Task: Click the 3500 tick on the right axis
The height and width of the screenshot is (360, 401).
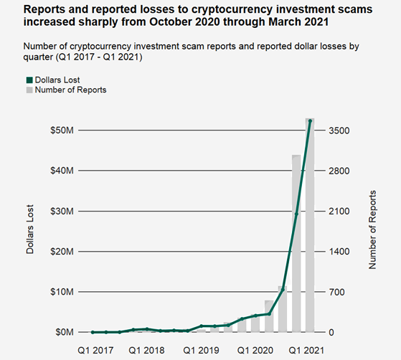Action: (x=339, y=131)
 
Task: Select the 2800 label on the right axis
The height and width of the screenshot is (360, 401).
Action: (x=339, y=171)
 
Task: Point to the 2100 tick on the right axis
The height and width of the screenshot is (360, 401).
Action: (x=339, y=212)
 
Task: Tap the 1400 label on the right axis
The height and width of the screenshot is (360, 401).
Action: (x=339, y=252)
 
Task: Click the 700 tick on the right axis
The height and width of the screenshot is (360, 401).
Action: (x=337, y=292)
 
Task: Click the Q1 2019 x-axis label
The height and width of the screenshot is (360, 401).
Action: (x=202, y=349)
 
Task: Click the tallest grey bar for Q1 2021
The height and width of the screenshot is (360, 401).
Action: (x=310, y=229)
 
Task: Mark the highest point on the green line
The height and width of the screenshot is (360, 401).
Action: (x=310, y=121)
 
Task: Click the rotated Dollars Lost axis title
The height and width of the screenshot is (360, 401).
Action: (x=31, y=232)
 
